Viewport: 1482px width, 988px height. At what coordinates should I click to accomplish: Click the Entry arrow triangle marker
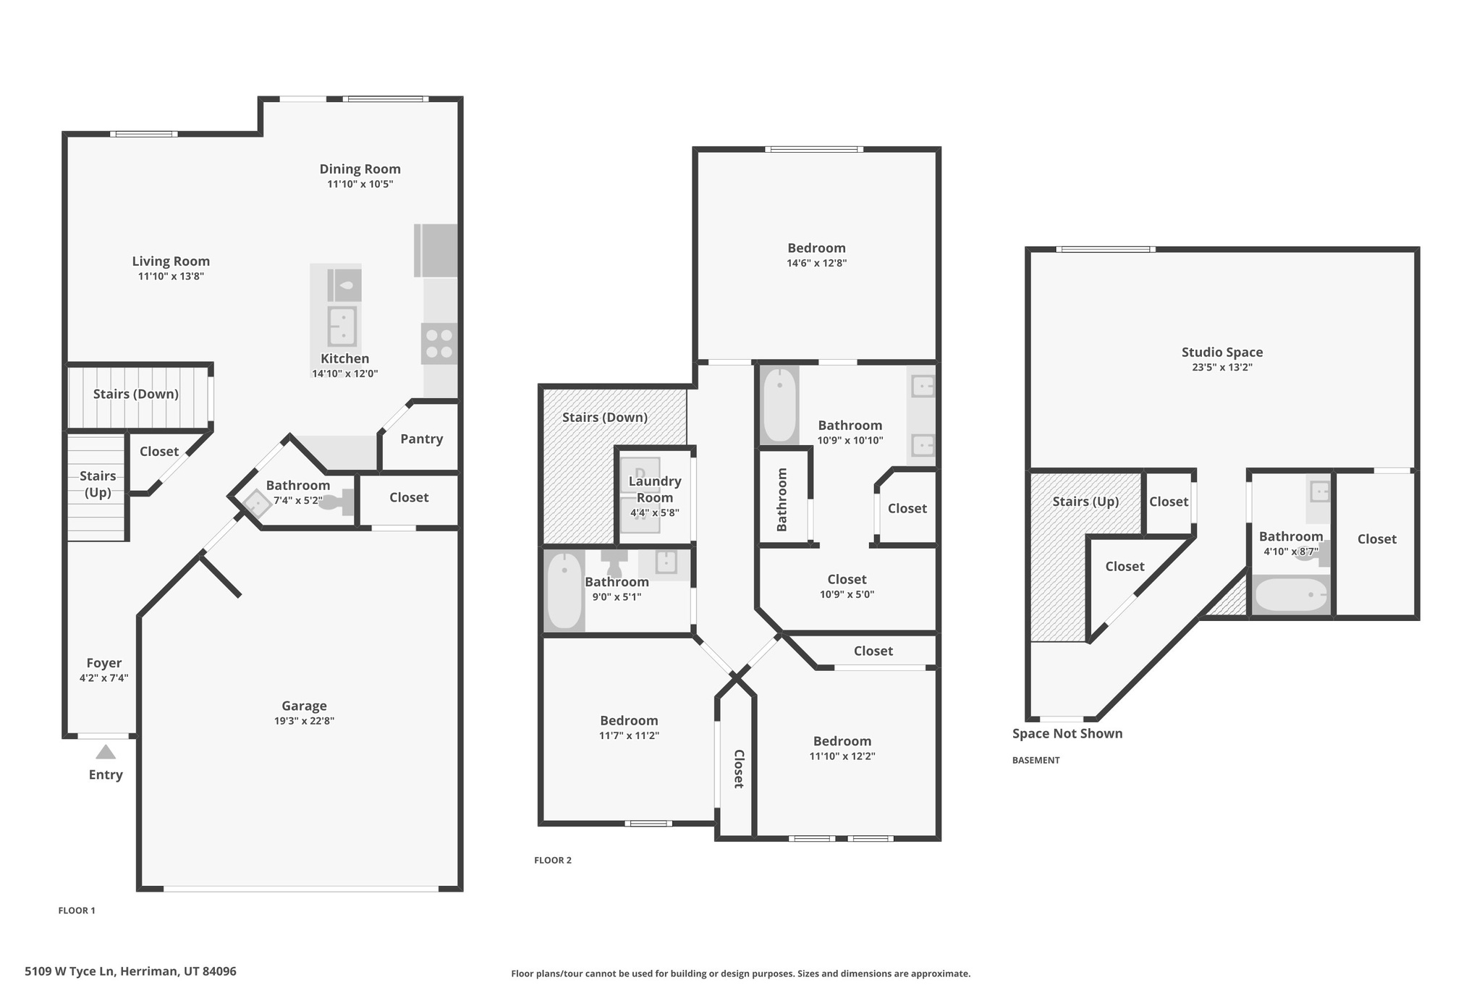tap(106, 752)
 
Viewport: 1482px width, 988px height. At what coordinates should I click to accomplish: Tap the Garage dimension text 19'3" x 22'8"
tap(304, 721)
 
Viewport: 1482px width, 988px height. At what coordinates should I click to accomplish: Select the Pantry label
tap(421, 439)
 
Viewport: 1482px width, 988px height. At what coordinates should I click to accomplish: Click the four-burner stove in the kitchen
tap(439, 344)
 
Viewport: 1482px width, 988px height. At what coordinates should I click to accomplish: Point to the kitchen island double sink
tap(342, 326)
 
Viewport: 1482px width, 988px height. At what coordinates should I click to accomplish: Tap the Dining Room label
tap(360, 169)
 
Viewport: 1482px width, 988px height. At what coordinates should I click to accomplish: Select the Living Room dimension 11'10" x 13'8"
tap(171, 276)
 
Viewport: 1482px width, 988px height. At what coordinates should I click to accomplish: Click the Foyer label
tap(103, 663)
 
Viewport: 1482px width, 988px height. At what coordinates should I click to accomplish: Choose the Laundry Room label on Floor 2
tap(654, 489)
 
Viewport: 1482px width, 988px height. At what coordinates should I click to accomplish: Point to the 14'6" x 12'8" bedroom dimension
tap(816, 263)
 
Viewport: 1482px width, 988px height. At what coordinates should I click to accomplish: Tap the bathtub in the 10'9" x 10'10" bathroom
tap(779, 405)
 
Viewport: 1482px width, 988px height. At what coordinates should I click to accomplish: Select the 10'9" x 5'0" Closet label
tap(847, 579)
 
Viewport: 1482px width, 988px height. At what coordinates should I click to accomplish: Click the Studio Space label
tap(1221, 352)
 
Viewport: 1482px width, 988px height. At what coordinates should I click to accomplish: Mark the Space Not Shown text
tap(1067, 733)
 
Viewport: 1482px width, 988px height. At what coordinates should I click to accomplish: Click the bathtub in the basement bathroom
tap(1291, 596)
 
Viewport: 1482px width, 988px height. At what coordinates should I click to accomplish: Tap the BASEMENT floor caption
tap(1036, 760)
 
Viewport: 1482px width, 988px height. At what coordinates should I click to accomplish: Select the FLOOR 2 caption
tap(552, 860)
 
